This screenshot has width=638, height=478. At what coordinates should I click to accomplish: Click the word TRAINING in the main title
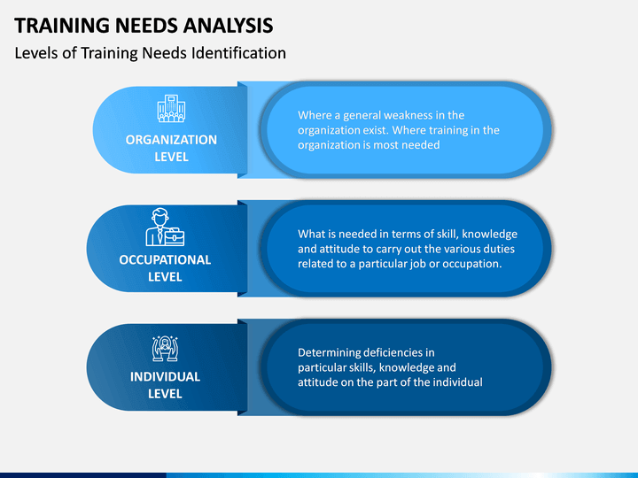pyautogui.click(x=62, y=25)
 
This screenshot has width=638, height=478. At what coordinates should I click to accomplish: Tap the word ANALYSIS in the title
pyautogui.click(x=228, y=25)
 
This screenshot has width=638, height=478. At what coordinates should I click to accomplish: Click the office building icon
pyautogui.click(x=171, y=108)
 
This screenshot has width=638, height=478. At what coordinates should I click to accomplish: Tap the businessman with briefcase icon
pyautogui.click(x=165, y=227)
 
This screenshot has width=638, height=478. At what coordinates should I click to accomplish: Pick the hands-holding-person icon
pyautogui.click(x=165, y=349)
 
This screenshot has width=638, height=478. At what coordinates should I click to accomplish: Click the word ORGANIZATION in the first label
pyautogui.click(x=171, y=140)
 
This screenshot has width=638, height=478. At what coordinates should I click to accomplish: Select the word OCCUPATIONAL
pyautogui.click(x=165, y=259)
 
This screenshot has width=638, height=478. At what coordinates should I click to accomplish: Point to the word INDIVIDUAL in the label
pyautogui.click(x=165, y=377)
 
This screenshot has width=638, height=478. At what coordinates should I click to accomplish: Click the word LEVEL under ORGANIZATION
pyautogui.click(x=171, y=157)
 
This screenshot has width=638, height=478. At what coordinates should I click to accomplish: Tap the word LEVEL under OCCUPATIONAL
pyautogui.click(x=165, y=277)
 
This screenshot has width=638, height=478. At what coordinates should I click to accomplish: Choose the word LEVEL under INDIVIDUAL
pyautogui.click(x=165, y=394)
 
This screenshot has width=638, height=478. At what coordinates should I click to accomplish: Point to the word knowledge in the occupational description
pyautogui.click(x=489, y=234)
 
